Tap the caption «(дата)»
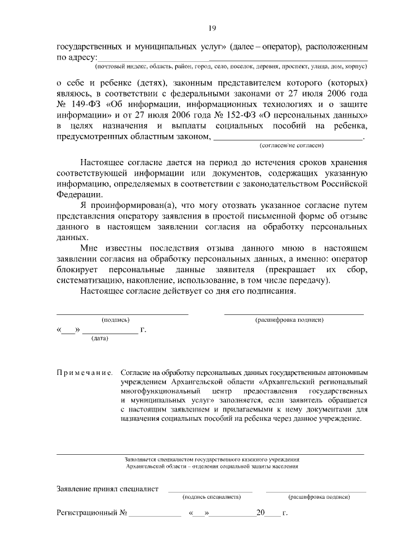100,338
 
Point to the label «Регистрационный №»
92,513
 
